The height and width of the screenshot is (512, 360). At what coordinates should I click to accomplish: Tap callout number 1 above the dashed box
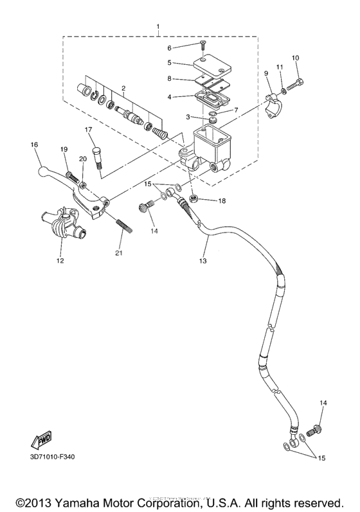click(157, 26)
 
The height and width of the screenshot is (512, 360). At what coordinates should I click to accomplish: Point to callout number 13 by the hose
click(203, 261)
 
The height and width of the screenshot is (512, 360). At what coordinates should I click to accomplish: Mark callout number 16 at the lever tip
click(34, 145)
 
